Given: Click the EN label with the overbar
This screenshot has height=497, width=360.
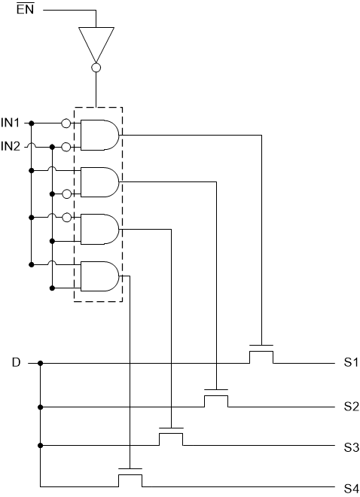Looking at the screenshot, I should point(25,11).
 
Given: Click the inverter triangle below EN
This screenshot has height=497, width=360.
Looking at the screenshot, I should point(96,44).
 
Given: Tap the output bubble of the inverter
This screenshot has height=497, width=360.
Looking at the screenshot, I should point(96,68).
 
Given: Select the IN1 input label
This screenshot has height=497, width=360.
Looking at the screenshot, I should point(11,122).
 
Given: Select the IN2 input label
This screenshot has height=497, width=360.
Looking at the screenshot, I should point(11,146).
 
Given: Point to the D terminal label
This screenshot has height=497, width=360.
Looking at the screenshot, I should point(16,363).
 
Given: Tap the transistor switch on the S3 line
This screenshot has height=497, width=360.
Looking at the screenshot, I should point(171,435).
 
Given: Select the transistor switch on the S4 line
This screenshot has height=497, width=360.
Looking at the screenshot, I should point(130,476).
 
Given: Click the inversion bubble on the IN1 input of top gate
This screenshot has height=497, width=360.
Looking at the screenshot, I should point(66,123).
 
